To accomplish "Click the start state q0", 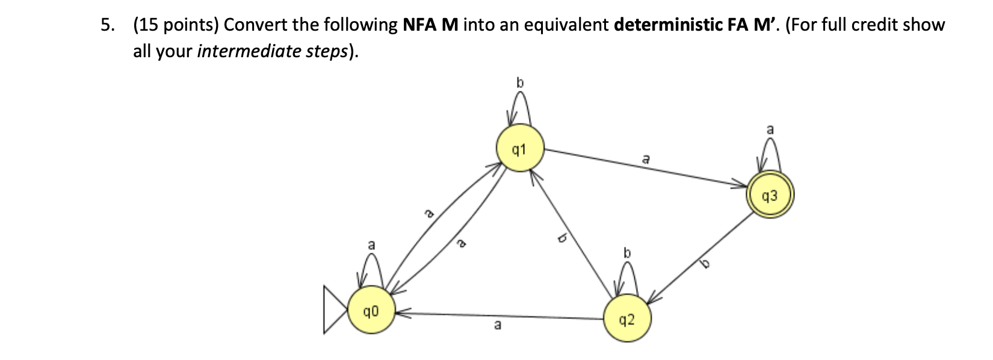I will [371, 311].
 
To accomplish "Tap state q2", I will [626, 318].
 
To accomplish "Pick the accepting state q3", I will [769, 196].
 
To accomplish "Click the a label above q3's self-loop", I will [770, 129].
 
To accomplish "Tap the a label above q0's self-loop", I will [371, 245].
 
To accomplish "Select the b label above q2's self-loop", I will [627, 252].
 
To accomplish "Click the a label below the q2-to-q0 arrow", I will [496, 325].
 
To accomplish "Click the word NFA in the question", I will [419, 25].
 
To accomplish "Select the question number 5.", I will [107, 25].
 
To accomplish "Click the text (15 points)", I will [176, 25].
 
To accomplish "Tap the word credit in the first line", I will [875, 25].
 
